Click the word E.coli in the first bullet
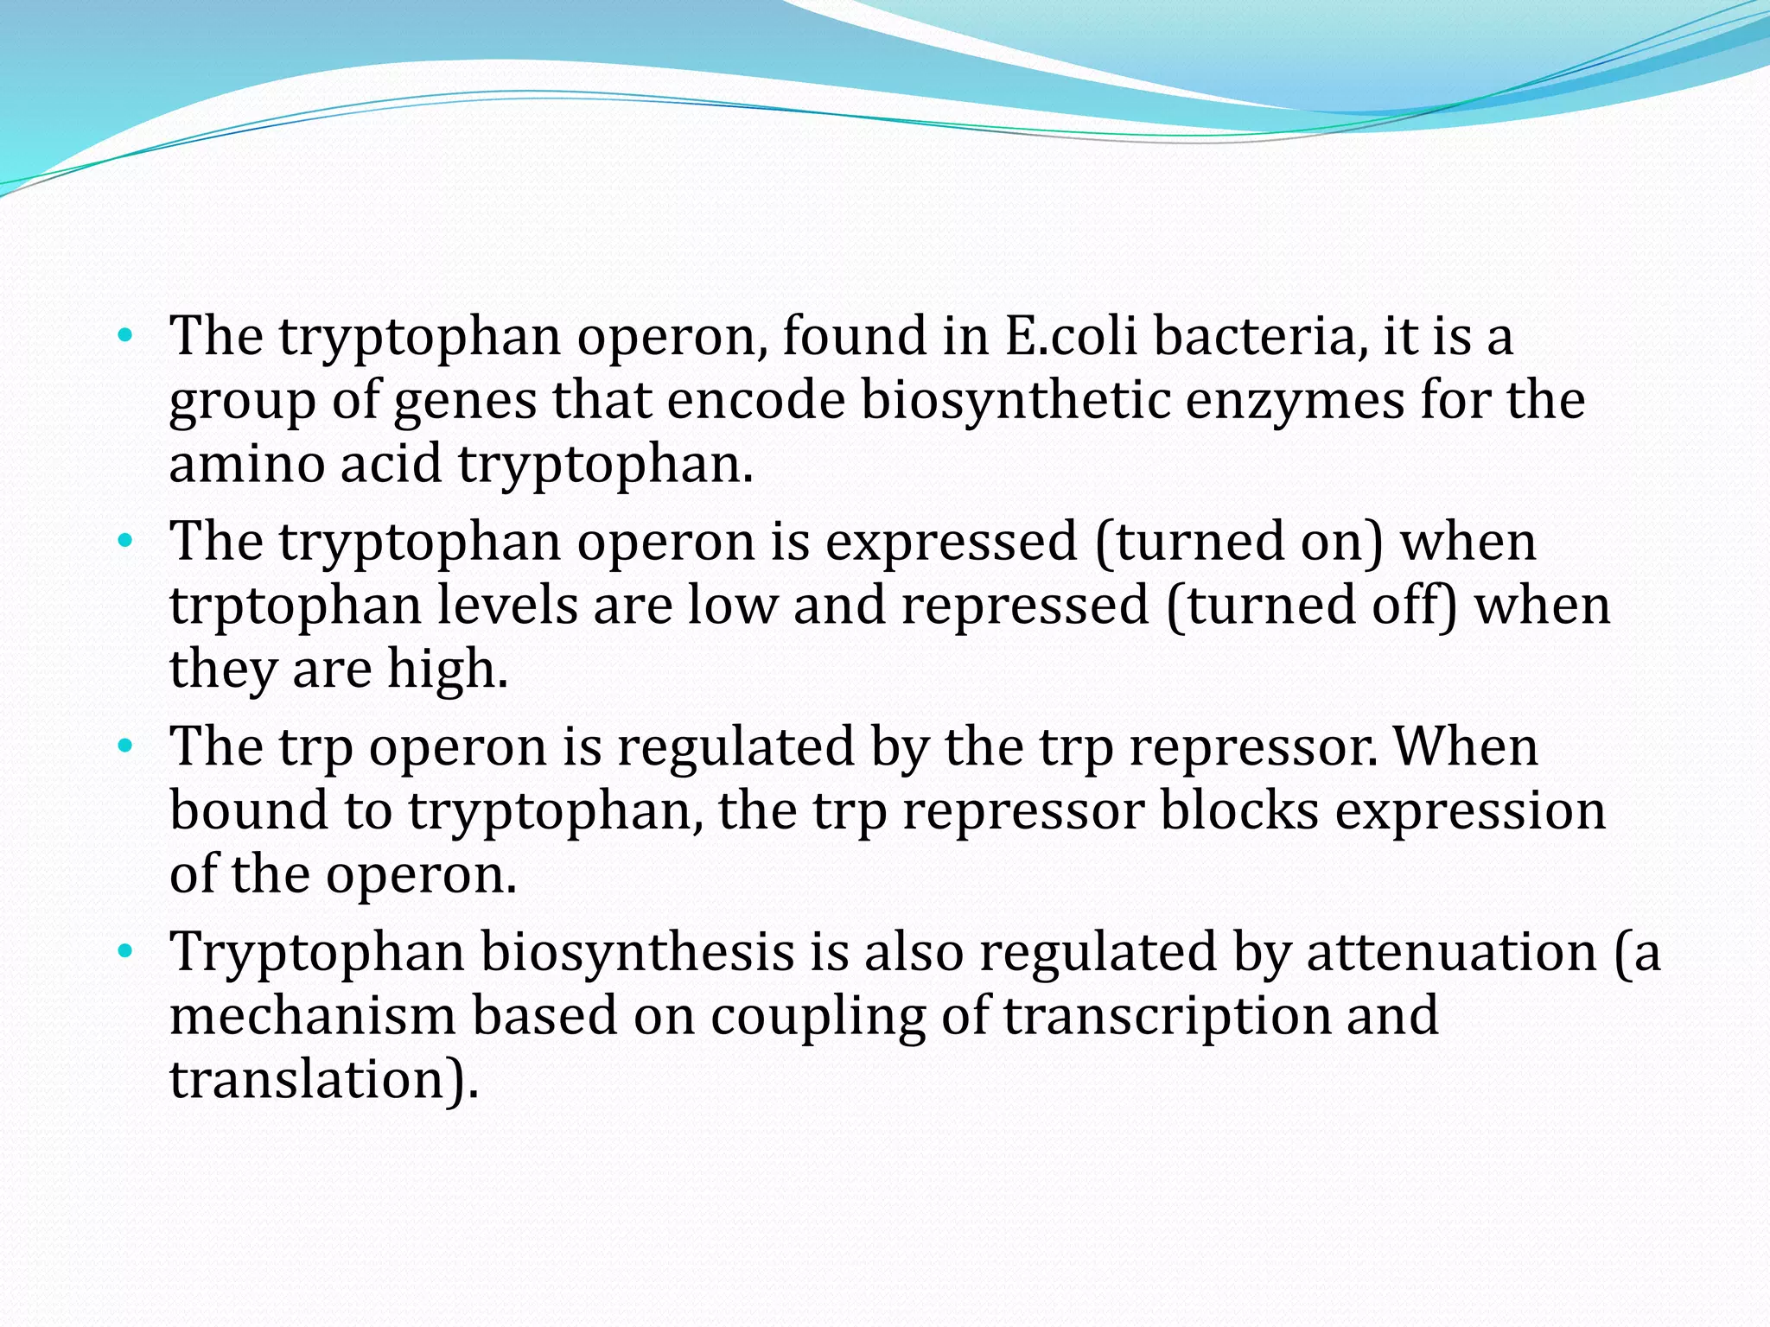1070,336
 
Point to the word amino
246,464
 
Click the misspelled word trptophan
295,606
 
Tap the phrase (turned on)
1238,542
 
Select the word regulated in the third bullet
735,746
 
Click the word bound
249,811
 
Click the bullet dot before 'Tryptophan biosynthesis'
126,952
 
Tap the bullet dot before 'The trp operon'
126,746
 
